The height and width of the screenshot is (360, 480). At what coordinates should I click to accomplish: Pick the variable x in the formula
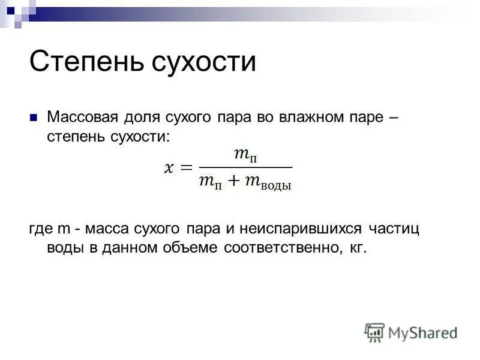coord(169,168)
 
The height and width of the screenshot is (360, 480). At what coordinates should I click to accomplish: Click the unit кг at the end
coord(356,248)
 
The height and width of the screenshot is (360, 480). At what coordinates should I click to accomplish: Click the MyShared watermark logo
coord(412,332)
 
